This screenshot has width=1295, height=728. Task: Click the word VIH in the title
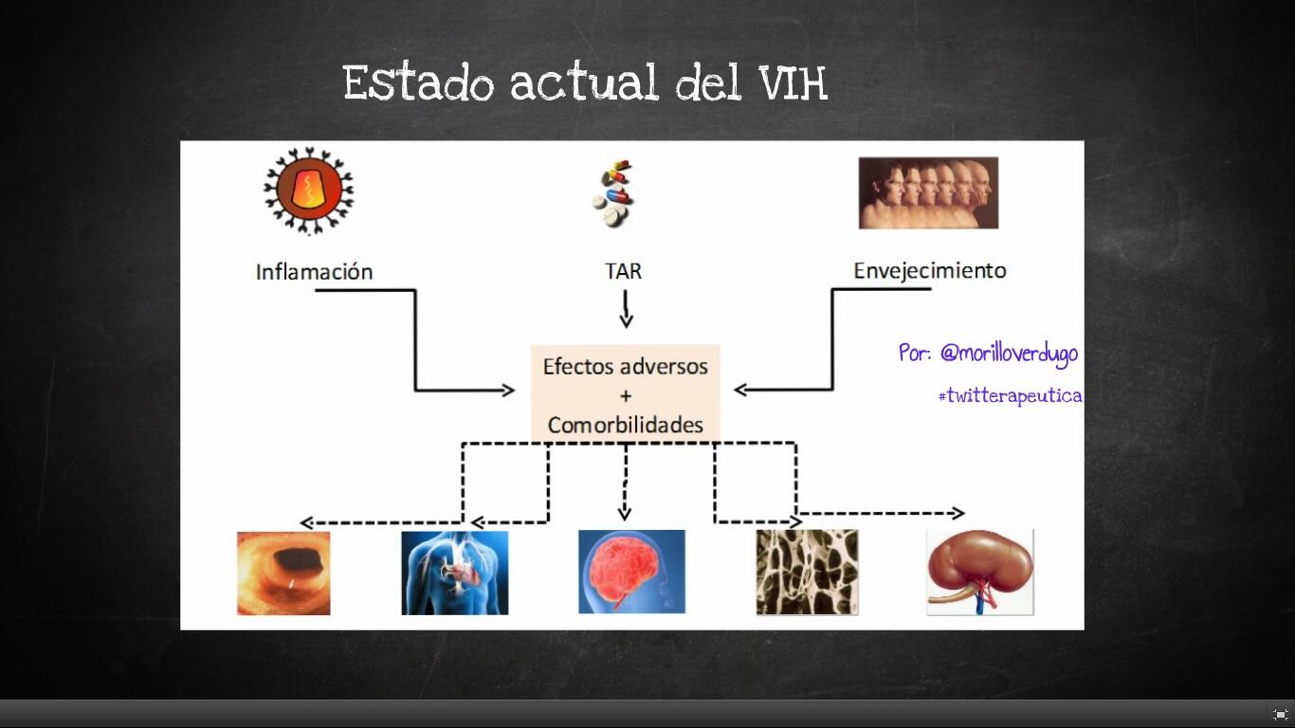click(x=793, y=83)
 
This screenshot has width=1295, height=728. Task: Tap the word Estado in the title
click(x=418, y=83)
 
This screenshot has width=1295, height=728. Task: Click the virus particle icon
click(x=308, y=191)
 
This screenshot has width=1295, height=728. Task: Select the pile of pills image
click(x=611, y=194)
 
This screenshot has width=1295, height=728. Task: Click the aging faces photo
click(x=928, y=192)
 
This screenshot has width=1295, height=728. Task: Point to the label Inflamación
click(x=314, y=272)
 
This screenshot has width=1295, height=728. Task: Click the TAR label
click(x=623, y=271)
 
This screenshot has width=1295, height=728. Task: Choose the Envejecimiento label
click(x=929, y=270)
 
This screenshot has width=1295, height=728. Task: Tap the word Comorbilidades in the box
click(x=626, y=425)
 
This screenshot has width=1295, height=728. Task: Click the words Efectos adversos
click(x=626, y=367)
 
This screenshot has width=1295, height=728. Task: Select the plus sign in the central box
click(x=626, y=395)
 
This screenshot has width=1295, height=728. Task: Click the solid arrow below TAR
click(x=626, y=308)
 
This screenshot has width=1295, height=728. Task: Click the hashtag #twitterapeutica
click(x=1010, y=396)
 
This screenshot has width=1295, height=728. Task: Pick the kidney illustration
click(x=980, y=573)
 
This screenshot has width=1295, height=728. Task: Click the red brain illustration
click(x=631, y=572)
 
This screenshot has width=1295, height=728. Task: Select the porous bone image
click(x=807, y=573)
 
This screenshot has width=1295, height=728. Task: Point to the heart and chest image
click(x=454, y=573)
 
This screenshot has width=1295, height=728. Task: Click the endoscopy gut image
click(x=283, y=573)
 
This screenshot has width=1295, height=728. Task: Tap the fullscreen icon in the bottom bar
click(x=1280, y=715)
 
